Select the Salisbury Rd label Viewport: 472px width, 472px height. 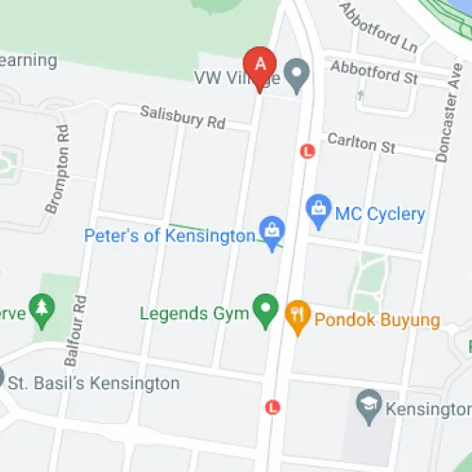(x=183, y=117)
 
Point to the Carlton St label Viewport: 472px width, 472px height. (x=361, y=143)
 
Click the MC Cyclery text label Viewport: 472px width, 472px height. (x=380, y=214)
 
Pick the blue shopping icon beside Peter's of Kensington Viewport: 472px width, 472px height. (x=272, y=229)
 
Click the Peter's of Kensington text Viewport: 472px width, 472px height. (x=170, y=234)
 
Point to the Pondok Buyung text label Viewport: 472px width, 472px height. (x=377, y=320)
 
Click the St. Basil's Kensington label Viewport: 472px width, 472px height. (x=93, y=383)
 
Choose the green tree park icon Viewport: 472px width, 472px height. (x=41, y=308)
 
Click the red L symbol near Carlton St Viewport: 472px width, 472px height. (x=306, y=150)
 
